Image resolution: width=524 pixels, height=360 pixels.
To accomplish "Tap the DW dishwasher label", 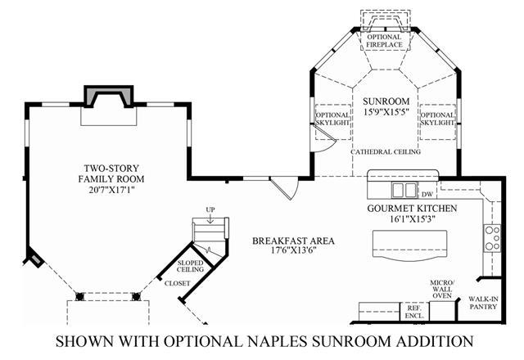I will tap(427, 195).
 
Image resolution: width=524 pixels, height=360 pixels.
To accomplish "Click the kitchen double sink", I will tap(403, 191).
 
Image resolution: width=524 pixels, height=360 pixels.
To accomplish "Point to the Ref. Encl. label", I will tap(411, 312).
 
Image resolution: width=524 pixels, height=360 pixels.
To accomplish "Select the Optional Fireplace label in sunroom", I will tap(384, 41).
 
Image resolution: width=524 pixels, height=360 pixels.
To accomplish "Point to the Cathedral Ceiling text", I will tap(385, 152).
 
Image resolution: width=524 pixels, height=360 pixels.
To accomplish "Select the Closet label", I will tap(177, 283).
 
